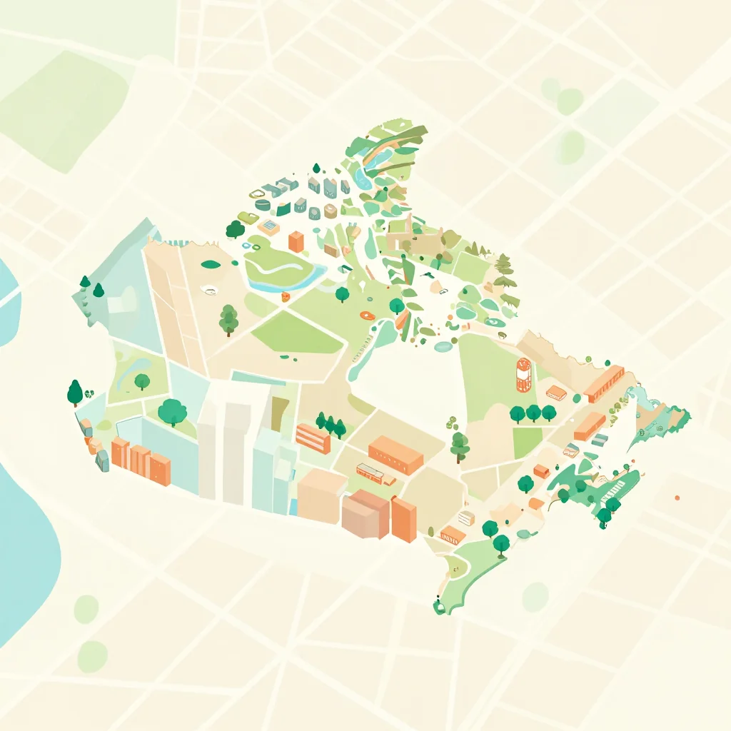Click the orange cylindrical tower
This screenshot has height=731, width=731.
524,374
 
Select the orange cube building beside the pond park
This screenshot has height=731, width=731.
296,242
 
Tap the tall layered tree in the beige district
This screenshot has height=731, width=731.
228,319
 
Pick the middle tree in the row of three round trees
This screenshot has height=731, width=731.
533,412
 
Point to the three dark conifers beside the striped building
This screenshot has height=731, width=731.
331,424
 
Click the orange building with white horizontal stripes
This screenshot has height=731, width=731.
313,438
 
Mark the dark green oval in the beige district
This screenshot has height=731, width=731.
210,264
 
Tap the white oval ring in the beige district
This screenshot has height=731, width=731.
209,289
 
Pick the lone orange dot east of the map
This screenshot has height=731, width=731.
676,498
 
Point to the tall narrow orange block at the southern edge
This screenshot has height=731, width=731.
403,519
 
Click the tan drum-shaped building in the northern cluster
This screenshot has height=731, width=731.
330,211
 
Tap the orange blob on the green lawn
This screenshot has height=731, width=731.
367,315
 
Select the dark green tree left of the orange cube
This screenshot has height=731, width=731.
235,229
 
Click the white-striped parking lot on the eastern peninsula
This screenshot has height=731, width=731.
613,491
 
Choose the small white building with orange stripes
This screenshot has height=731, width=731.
466,518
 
